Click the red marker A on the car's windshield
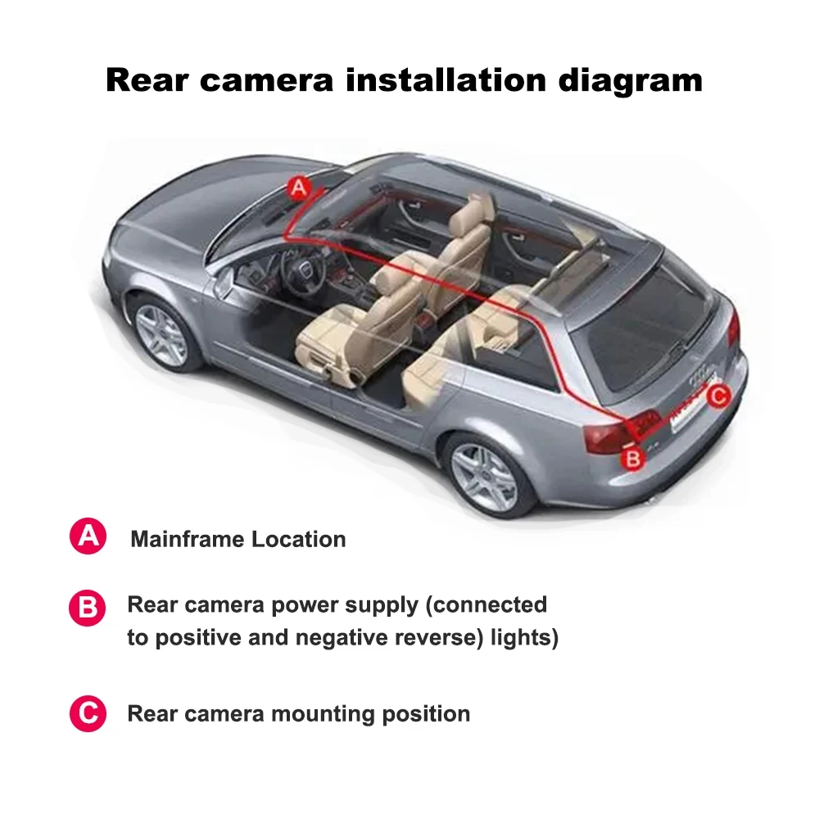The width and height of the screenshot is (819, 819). pyautogui.click(x=300, y=188)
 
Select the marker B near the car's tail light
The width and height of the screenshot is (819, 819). pyautogui.click(x=632, y=458)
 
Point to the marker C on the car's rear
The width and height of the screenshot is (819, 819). pyautogui.click(x=718, y=397)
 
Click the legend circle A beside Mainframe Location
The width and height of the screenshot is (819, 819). pyautogui.click(x=87, y=537)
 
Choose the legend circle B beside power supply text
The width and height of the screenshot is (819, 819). pyautogui.click(x=87, y=609)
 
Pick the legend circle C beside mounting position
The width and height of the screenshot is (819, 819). pyautogui.click(x=87, y=713)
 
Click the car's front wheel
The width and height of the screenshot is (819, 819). pyautogui.click(x=161, y=335)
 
